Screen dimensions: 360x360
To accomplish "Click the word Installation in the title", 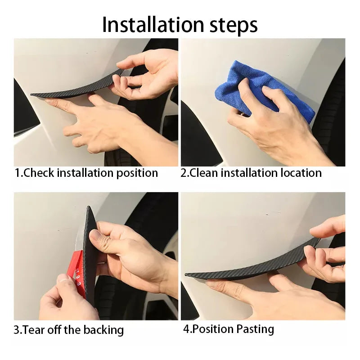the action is pyautogui.click(x=153, y=24).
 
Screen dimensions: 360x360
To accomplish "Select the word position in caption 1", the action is pyautogui.click(x=137, y=173).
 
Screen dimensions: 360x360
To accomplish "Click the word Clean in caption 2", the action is pyautogui.click(x=204, y=173).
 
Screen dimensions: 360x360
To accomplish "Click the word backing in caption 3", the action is pyautogui.click(x=103, y=330).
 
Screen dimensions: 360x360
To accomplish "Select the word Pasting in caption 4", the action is pyautogui.click(x=255, y=329).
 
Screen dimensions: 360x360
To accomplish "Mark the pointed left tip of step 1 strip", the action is pyautogui.click(x=31, y=94).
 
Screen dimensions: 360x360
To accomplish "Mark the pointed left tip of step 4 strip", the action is pyautogui.click(x=185, y=274).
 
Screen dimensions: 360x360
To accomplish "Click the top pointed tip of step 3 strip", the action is pyautogui.click(x=88, y=207).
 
